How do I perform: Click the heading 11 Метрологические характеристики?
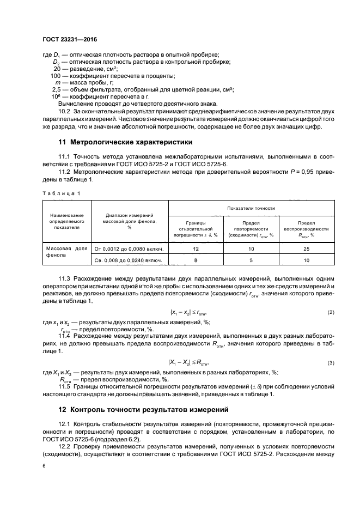point(125,143)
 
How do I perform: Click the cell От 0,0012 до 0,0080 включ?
point(130,248)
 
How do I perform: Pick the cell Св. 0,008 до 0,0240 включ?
point(130,261)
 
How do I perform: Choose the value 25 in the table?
point(306,248)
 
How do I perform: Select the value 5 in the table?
point(251,261)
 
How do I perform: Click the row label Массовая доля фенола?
point(65,252)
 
